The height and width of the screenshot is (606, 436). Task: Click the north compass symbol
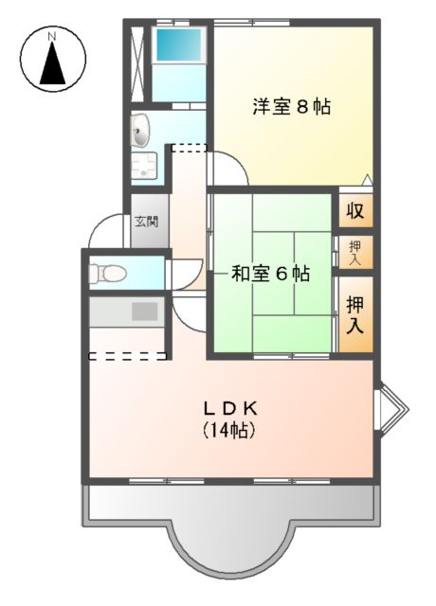click(x=54, y=64)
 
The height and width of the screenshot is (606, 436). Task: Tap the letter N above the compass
click(x=54, y=36)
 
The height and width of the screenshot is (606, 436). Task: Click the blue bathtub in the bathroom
click(x=178, y=46)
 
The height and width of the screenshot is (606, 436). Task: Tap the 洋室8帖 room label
click(x=291, y=106)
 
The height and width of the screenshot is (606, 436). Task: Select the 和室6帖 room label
click(x=271, y=275)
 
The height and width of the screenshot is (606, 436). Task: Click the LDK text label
click(x=230, y=409)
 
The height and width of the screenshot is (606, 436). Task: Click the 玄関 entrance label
click(x=146, y=223)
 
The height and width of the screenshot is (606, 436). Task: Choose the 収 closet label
click(x=355, y=210)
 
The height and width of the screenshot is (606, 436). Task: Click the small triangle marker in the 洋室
click(x=366, y=178)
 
